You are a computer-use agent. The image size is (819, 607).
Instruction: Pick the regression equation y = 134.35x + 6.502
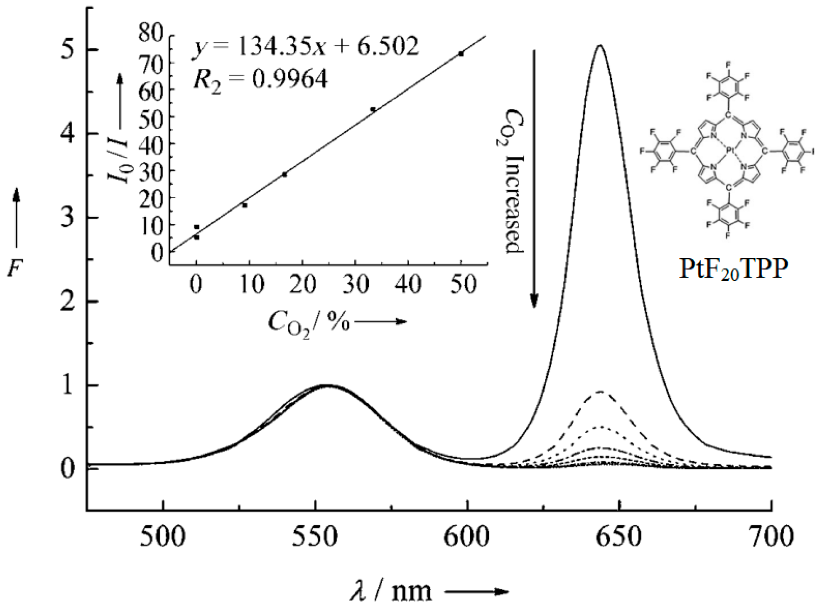coord(305,47)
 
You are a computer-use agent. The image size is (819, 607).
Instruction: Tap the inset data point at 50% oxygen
coord(461,54)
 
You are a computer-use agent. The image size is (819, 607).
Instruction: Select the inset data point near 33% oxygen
coord(373,109)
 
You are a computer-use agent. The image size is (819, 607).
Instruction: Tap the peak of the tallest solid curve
coord(600,45)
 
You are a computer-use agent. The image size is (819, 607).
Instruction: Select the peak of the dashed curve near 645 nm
coord(601,392)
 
